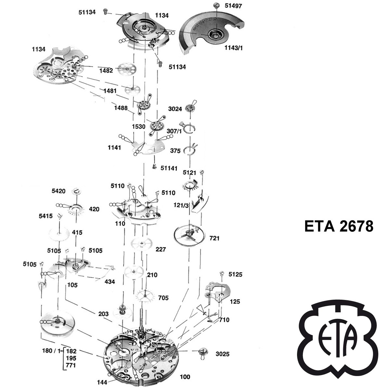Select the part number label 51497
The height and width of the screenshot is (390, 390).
click(233, 6)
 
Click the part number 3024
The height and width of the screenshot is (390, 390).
click(175, 109)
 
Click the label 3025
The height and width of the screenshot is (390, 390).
click(222, 354)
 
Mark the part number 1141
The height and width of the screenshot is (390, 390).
click(114, 148)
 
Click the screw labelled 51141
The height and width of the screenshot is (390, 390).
click(155, 167)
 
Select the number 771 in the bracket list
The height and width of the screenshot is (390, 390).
click(71, 365)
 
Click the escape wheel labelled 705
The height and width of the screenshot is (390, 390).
click(145, 296)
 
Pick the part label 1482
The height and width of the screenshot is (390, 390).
click(106, 71)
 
